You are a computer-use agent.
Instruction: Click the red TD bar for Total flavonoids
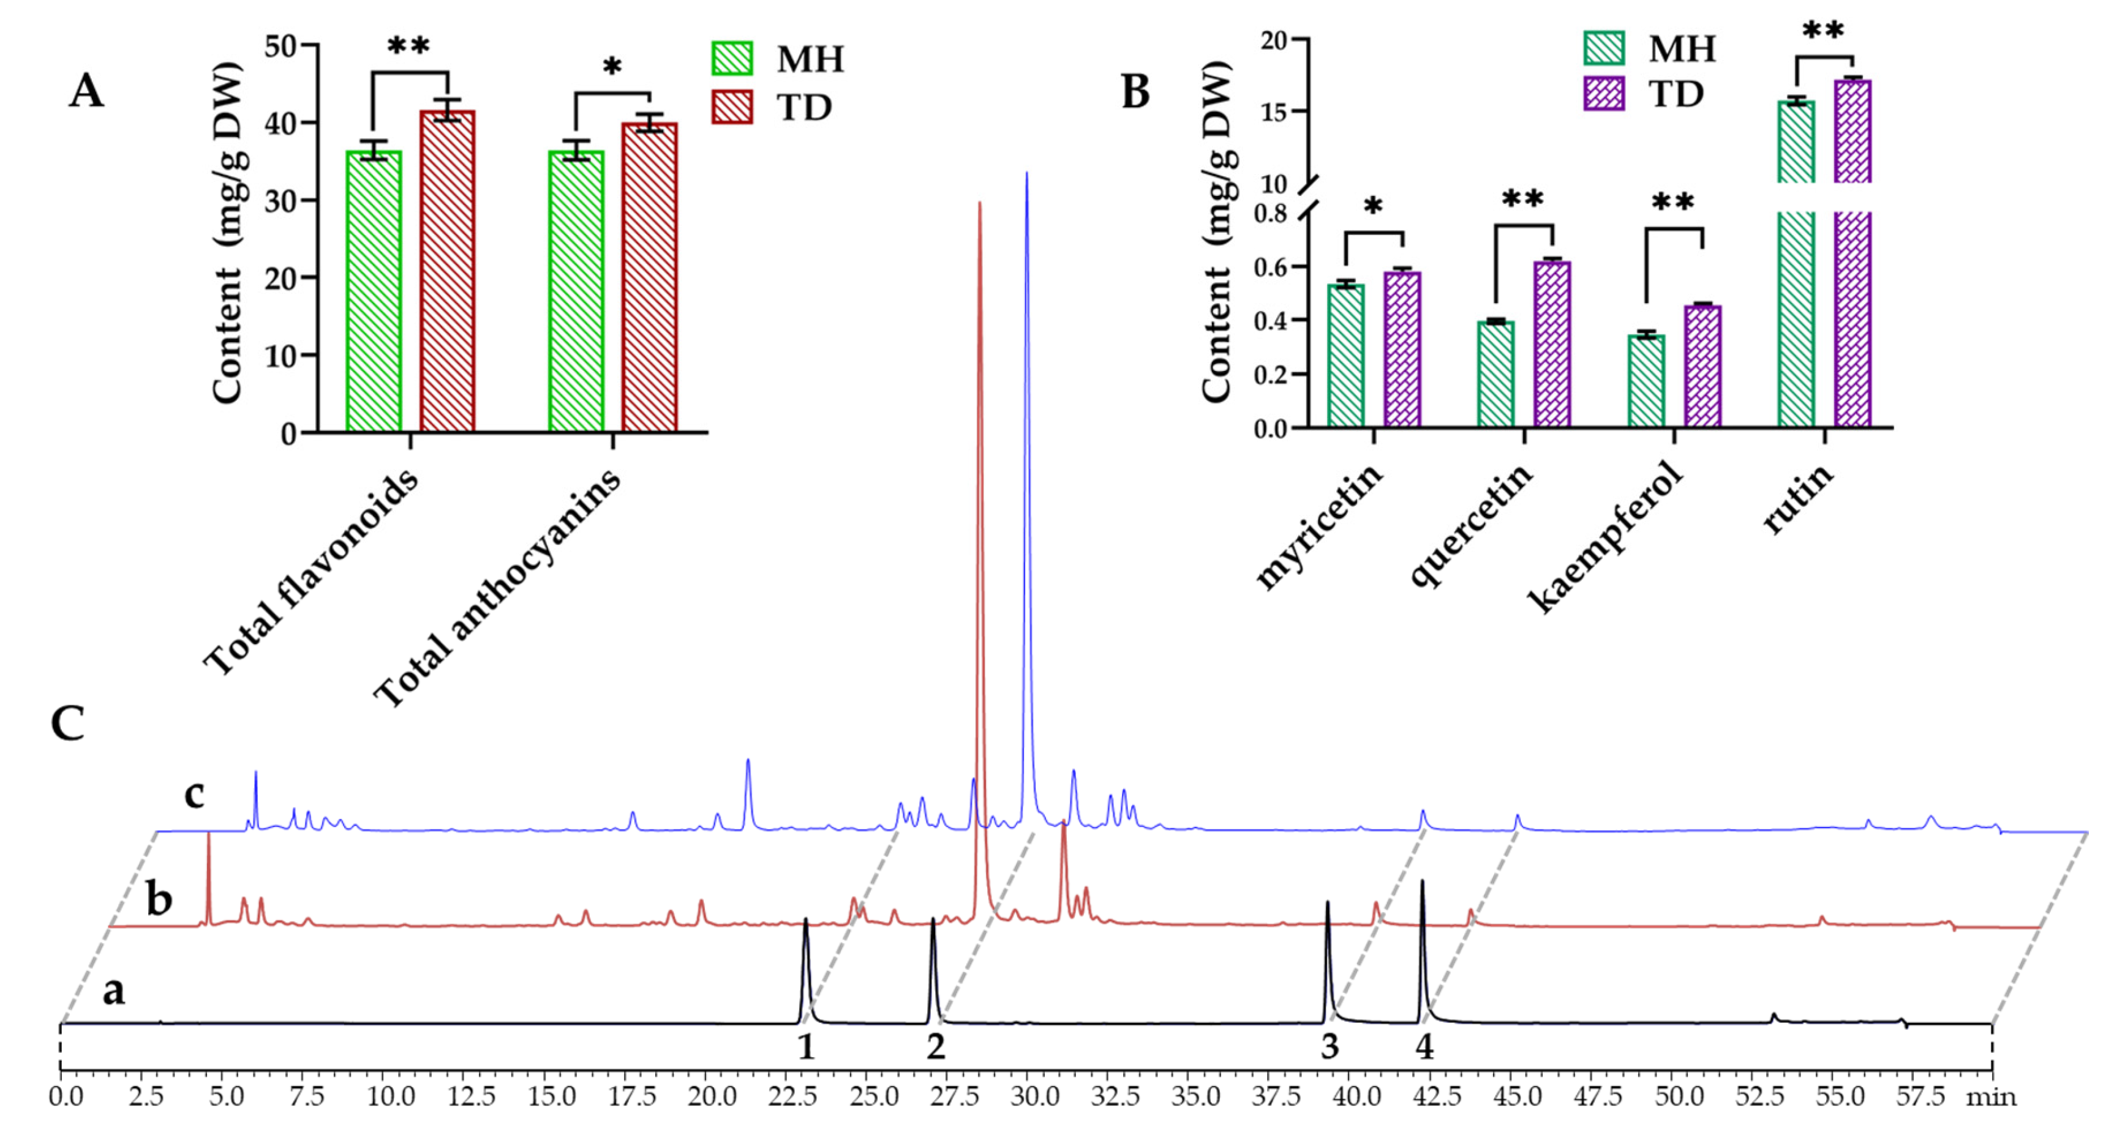pos(447,271)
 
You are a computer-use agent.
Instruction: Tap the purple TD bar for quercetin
pos(1552,345)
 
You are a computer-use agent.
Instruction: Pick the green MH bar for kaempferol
pos(1646,381)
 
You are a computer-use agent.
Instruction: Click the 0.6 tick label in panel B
pos(1270,267)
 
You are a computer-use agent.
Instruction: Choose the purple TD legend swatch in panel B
pos(1603,94)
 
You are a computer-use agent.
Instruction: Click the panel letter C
pos(67,724)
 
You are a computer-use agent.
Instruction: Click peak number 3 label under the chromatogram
pos(1330,1047)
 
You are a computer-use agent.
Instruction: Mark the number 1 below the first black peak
pos(806,1047)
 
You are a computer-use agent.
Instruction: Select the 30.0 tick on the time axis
pos(1034,1096)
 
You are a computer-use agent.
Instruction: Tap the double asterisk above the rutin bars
pos(1824,31)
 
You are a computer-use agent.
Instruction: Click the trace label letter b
pos(159,899)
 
